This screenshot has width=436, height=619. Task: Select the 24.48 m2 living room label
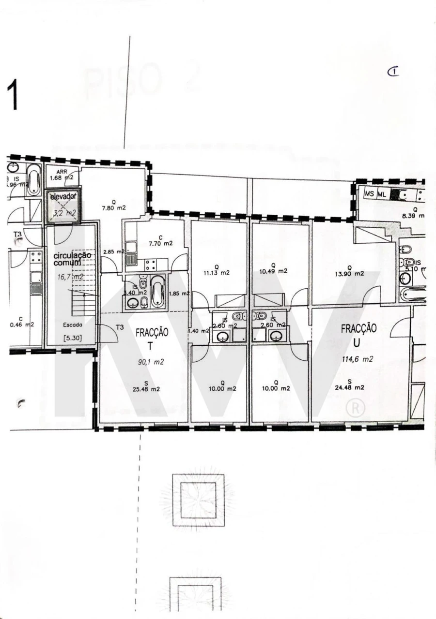(349, 387)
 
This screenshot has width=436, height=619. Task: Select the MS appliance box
(370, 194)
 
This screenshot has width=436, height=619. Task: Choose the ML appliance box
(382, 194)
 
